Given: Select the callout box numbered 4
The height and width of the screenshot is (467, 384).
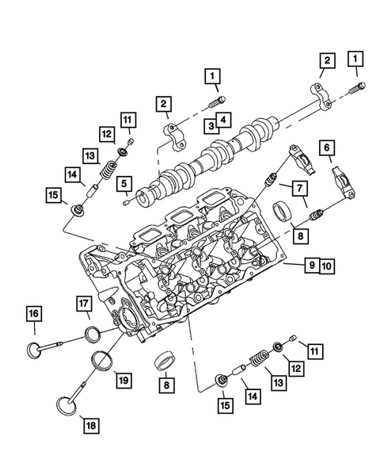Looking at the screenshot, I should pyautogui.click(x=226, y=121).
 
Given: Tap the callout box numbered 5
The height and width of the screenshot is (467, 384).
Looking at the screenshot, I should pyautogui.click(x=124, y=184).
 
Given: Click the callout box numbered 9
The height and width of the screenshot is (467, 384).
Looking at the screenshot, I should pyautogui.click(x=312, y=266).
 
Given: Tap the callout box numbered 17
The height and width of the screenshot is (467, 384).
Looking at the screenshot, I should pyautogui.click(x=85, y=301).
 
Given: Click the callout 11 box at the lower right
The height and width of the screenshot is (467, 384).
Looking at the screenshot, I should pyautogui.click(x=316, y=350).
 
